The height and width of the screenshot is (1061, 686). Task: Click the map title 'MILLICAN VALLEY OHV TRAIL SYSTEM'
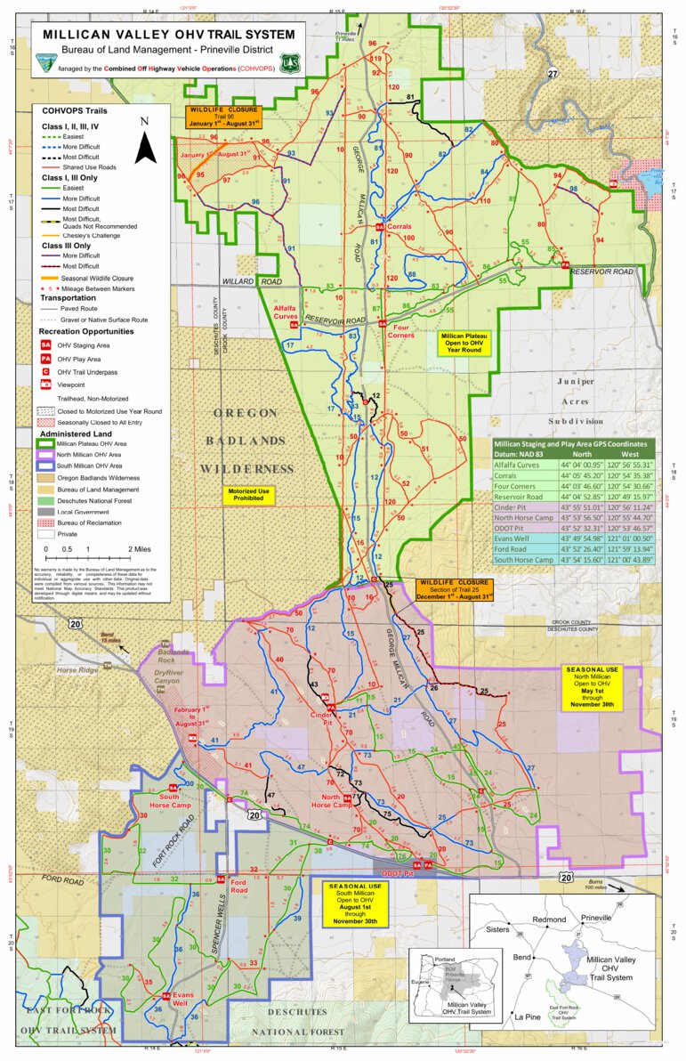[x=168, y=35]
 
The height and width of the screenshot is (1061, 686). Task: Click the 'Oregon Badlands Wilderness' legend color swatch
[x=44, y=477]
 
